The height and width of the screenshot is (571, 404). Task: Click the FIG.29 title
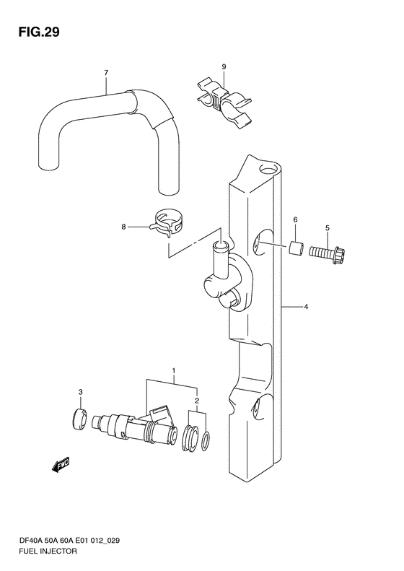point(38,32)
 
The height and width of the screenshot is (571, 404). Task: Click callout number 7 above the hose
point(106,73)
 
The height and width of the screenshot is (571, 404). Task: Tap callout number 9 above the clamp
point(224,66)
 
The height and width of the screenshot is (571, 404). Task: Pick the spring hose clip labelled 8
point(167,223)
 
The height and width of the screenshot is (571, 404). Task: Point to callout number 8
point(124,227)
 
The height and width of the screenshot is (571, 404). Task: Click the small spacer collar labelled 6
point(295,248)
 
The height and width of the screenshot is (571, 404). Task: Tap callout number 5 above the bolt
point(328,228)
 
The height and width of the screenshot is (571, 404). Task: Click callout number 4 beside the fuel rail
point(306,307)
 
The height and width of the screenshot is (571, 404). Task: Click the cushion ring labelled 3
point(79,419)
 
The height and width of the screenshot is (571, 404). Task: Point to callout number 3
point(80,392)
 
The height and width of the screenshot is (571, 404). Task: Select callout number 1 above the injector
point(174,371)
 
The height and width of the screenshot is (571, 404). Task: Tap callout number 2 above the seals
point(197,401)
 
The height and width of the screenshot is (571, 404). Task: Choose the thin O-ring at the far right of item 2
point(206,440)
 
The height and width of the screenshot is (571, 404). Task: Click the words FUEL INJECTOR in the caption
point(48,551)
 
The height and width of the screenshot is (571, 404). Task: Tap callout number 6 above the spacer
point(295,219)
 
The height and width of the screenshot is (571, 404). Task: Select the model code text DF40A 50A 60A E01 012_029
point(69,541)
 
